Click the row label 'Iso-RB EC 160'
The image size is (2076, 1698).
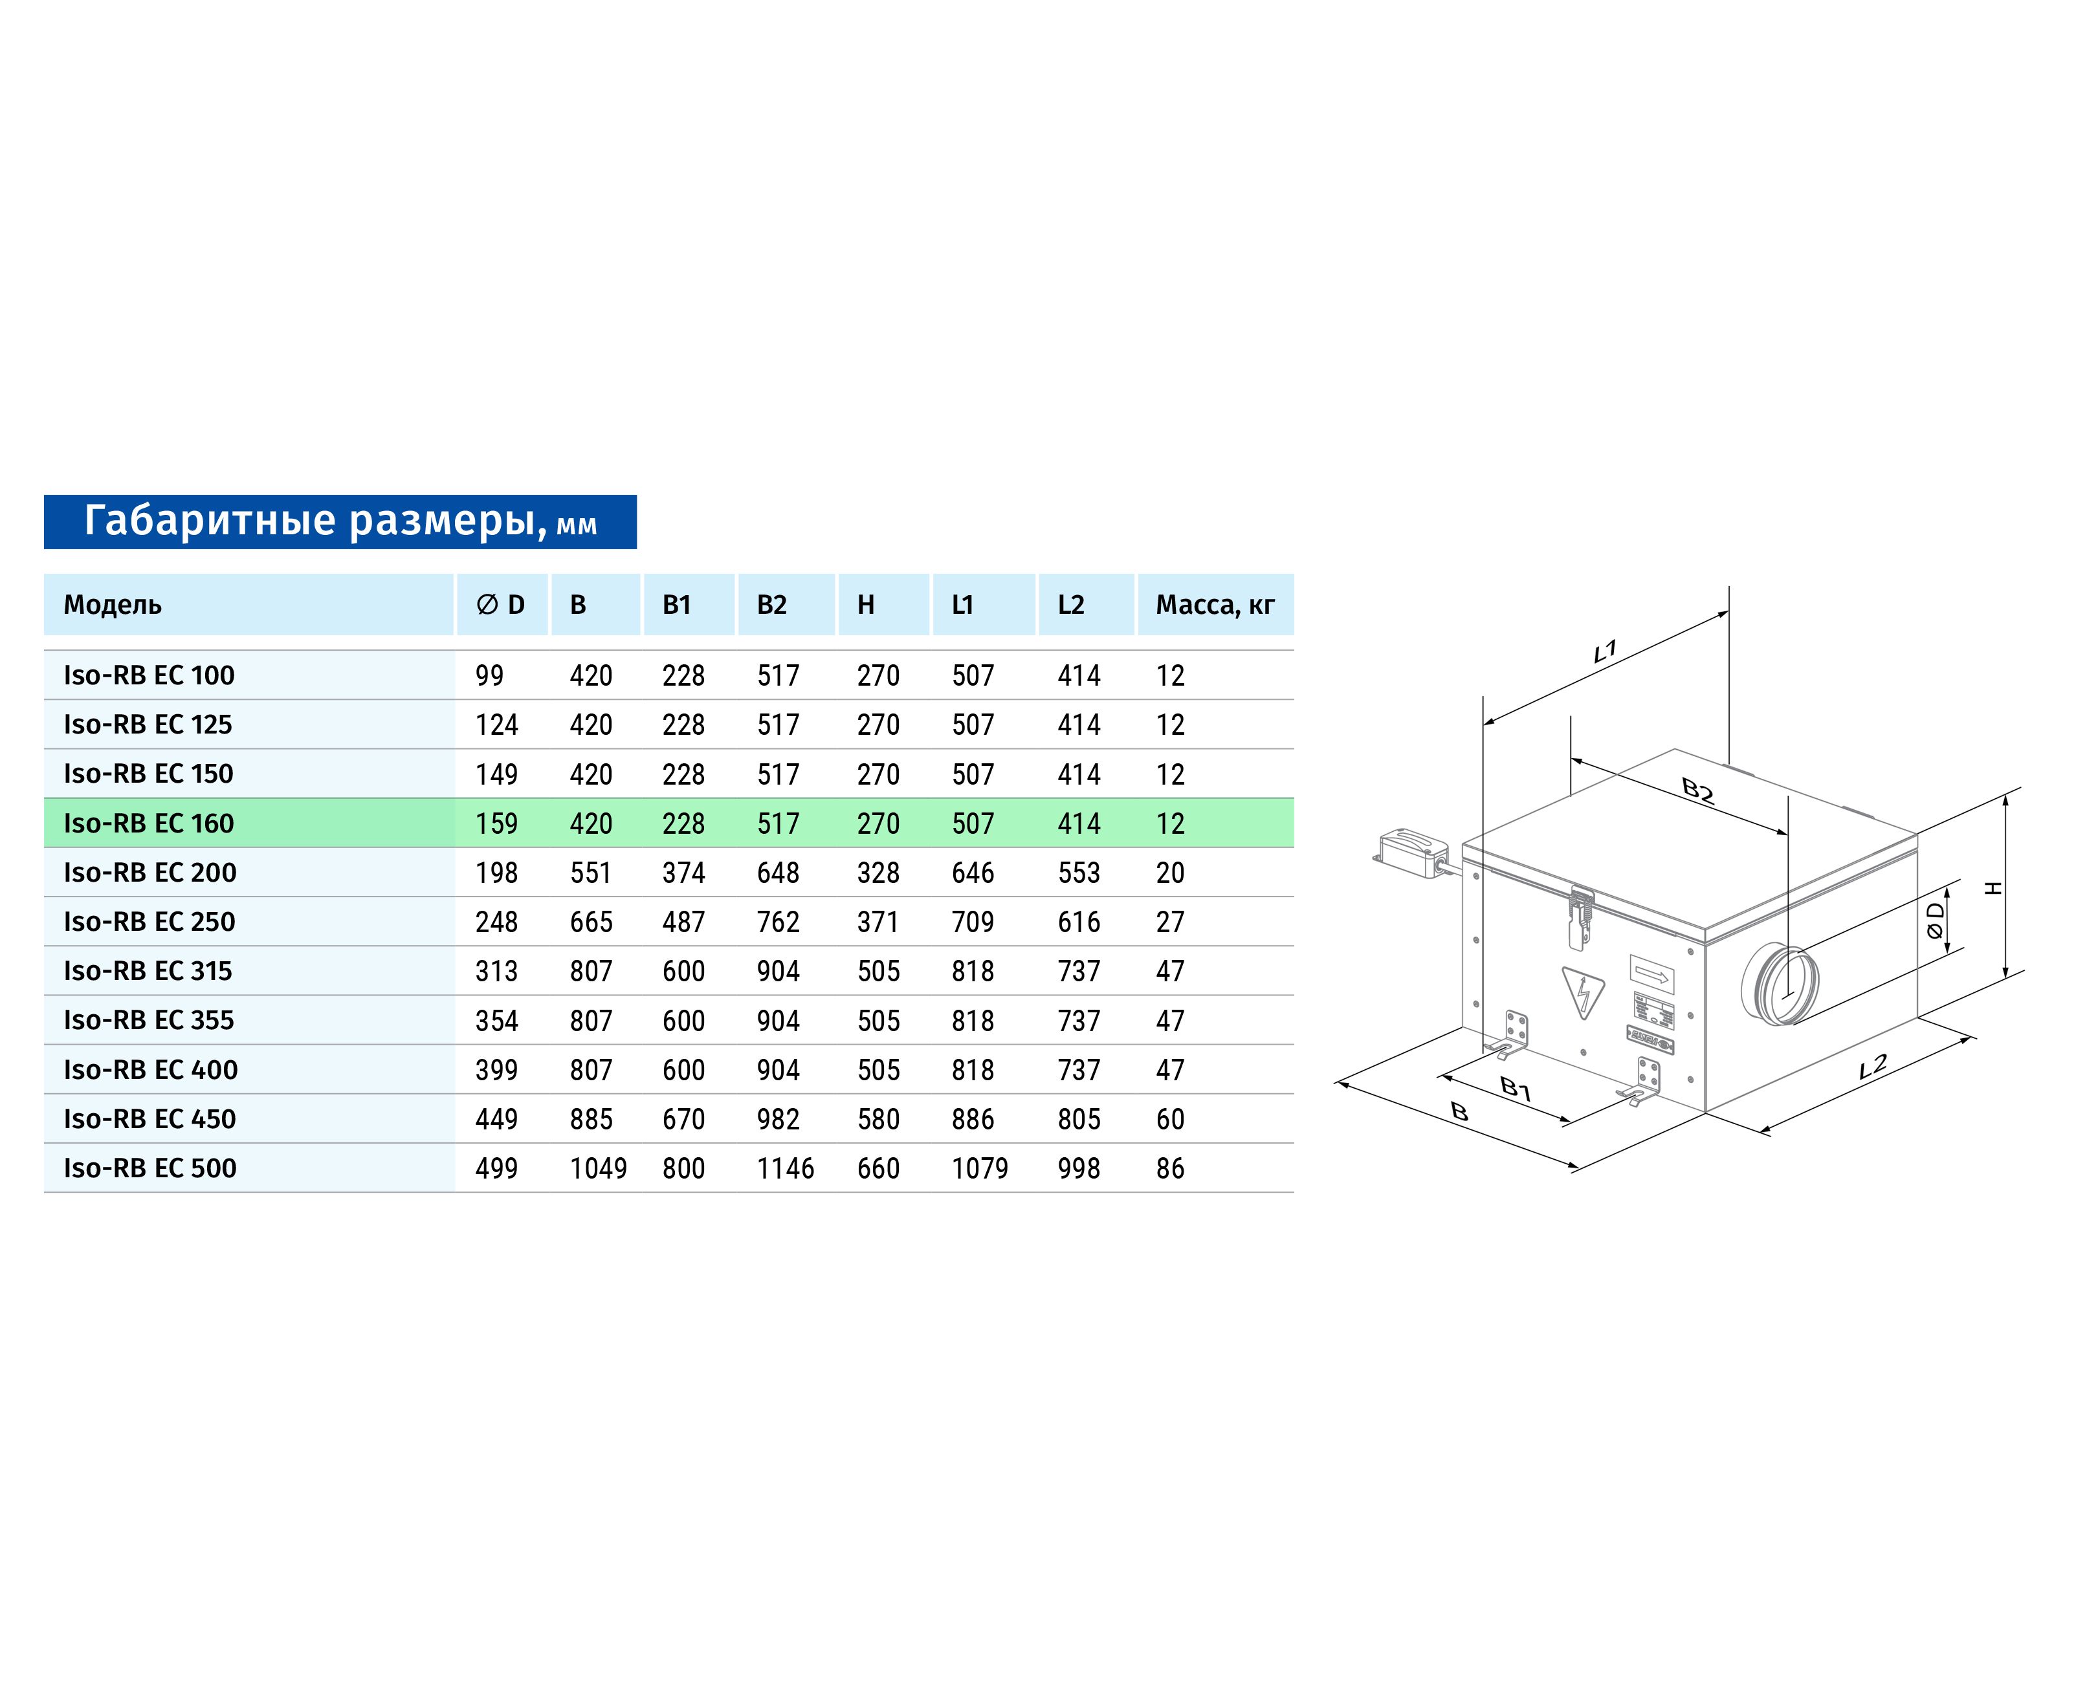coord(149,823)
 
